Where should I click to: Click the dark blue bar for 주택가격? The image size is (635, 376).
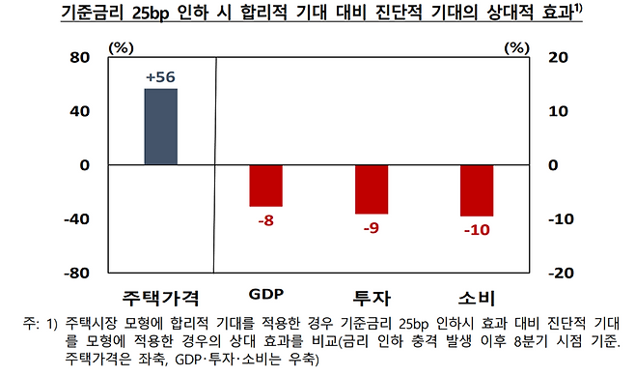160,127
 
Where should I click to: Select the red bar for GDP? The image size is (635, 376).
265,186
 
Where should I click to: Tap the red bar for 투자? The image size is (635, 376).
371,189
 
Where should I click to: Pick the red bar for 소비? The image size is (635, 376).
476,190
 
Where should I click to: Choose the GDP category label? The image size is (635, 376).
265,294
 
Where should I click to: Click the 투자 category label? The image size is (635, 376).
371,295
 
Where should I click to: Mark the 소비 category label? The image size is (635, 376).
476,295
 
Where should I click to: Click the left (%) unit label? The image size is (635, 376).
123,45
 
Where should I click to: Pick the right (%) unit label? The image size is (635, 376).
518,45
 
